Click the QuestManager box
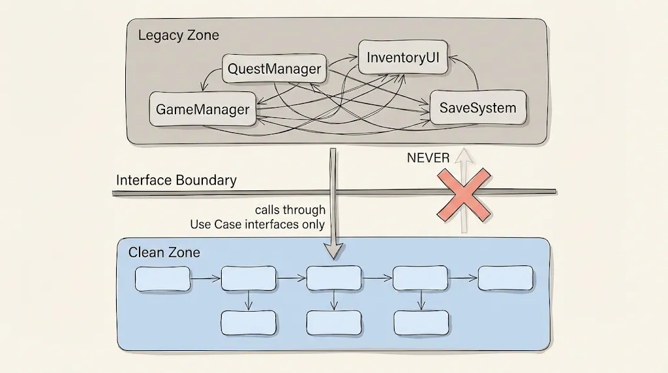pyautogui.click(x=274, y=68)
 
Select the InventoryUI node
pyautogui.click(x=403, y=57)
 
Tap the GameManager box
pyautogui.click(x=202, y=109)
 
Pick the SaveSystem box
pyautogui.click(x=478, y=108)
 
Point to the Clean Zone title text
pyautogui.click(x=164, y=252)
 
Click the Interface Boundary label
pyautogui.click(x=176, y=180)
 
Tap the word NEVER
pyautogui.click(x=428, y=158)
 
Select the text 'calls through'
pyautogui.click(x=290, y=210)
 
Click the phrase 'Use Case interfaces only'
pyautogui.click(x=257, y=224)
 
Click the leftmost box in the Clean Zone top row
pyautogui.click(x=162, y=278)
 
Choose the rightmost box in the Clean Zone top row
pyautogui.click(x=506, y=278)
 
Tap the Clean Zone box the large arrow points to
pyautogui.click(x=334, y=278)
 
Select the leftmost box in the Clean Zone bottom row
pyautogui.click(x=249, y=322)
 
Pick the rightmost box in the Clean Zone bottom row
pyautogui.click(x=421, y=322)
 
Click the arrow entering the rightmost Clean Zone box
pyautogui.click(x=463, y=278)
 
